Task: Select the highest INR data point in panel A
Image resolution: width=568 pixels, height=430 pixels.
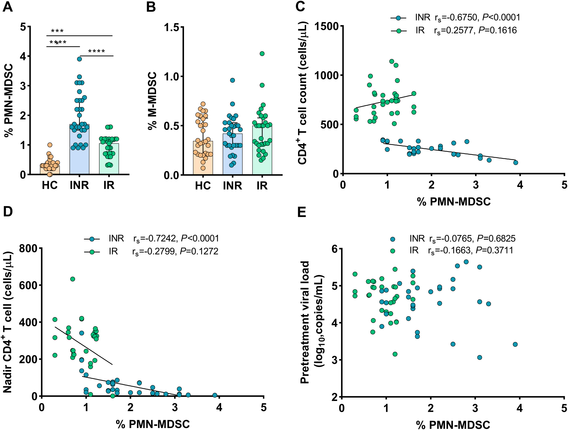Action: tap(79, 59)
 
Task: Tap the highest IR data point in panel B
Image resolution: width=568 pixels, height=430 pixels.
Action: tap(262, 54)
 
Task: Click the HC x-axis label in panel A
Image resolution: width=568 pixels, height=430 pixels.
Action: tap(50, 185)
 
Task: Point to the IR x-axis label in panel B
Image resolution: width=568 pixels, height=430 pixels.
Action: tap(262, 186)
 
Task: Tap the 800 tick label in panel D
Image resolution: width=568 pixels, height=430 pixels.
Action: tap(29, 249)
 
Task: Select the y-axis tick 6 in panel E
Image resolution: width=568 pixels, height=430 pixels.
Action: tap(334, 249)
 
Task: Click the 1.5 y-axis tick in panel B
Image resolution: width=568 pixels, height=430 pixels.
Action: tap(172, 27)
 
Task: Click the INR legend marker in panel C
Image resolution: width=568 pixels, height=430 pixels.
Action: tap(398, 18)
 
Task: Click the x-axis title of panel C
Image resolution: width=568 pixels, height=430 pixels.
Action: tap(454, 201)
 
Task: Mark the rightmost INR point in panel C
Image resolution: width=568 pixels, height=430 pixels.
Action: tap(516, 162)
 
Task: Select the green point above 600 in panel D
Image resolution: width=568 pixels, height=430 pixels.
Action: tap(73, 279)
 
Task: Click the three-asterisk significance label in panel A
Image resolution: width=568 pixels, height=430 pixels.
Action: tap(57, 31)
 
